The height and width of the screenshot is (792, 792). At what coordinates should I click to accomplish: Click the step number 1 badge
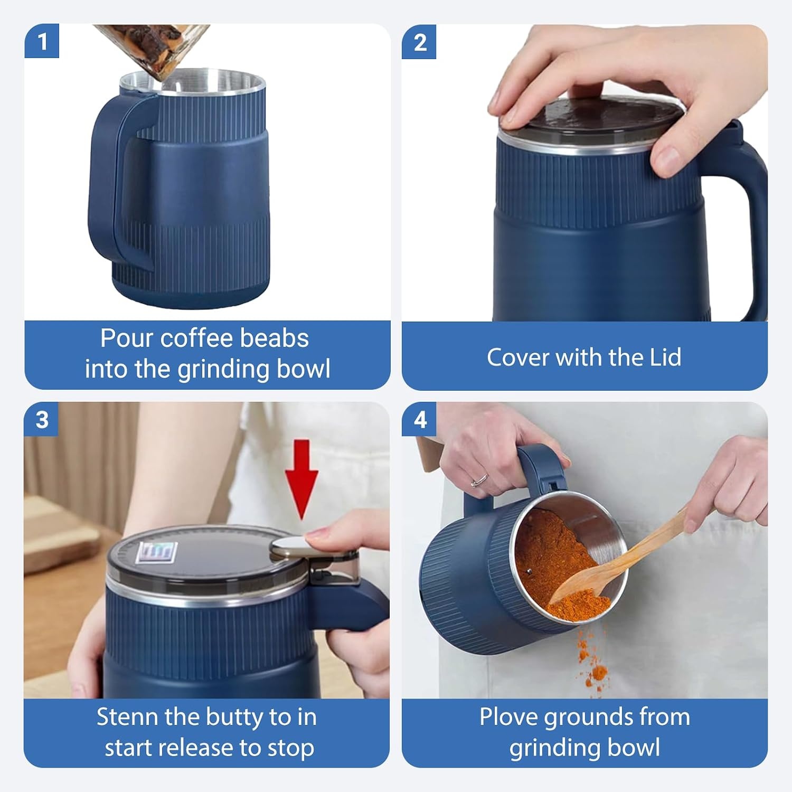(42, 41)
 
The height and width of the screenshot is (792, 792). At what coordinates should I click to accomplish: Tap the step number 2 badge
(419, 42)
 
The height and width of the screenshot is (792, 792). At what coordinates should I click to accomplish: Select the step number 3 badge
(42, 420)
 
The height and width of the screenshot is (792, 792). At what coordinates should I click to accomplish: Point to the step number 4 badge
(419, 420)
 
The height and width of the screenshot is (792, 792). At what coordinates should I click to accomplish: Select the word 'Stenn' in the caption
(127, 717)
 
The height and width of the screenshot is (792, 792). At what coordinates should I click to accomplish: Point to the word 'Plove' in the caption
(508, 717)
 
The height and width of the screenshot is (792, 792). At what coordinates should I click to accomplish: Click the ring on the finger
(479, 479)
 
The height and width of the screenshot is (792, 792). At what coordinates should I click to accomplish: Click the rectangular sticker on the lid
(154, 553)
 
